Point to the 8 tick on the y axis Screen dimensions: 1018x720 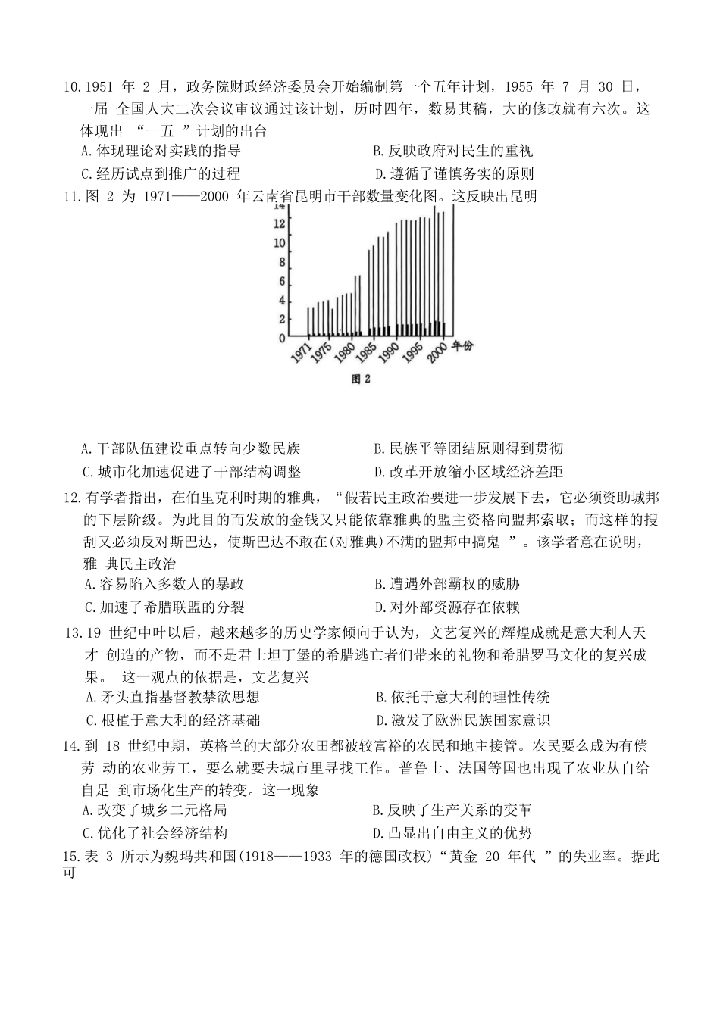tap(281, 263)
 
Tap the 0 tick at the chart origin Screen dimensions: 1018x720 tap(281, 337)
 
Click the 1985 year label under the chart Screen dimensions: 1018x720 tap(366, 354)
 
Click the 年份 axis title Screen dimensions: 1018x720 tap(463, 345)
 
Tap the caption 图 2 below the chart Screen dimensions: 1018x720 tap(360, 379)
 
